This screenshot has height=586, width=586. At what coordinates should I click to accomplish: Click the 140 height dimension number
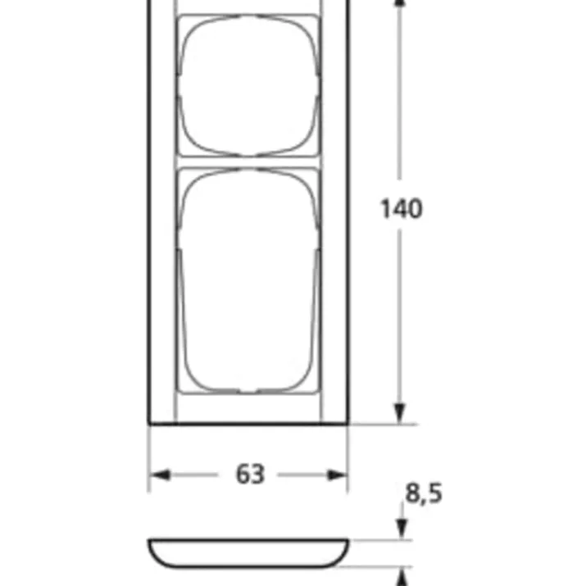[401, 208]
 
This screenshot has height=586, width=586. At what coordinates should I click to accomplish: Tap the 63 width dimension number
[250, 475]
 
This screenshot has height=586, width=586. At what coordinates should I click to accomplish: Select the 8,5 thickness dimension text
[424, 493]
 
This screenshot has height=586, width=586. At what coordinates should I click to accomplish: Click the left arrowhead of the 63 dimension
[160, 475]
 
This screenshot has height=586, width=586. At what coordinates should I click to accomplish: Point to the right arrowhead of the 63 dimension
[337, 475]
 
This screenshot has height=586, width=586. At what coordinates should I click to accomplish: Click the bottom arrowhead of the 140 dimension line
[400, 414]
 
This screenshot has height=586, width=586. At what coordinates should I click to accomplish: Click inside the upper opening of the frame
[248, 85]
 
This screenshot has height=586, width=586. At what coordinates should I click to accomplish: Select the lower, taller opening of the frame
[248, 281]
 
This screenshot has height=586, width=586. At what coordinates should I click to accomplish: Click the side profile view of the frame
[248, 553]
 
